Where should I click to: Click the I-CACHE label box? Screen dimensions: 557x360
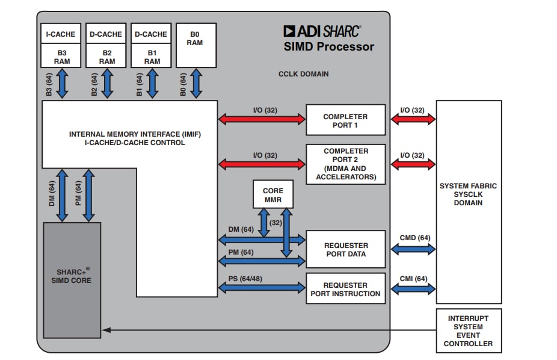coord(61,34)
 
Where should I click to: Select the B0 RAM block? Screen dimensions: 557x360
coord(195,45)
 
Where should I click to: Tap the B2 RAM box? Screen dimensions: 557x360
coord(107,57)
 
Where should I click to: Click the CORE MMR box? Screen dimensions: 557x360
coord(272,194)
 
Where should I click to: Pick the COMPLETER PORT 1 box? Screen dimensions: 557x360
coord(345,120)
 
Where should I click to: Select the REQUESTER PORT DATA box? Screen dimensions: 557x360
coord(345,249)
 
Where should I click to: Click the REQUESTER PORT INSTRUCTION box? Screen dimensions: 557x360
coord(345,290)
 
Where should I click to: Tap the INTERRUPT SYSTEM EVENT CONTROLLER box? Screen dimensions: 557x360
coord(468,331)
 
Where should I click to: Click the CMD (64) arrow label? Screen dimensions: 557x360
coord(414,238)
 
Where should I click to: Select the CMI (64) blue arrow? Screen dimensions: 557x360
coord(413,290)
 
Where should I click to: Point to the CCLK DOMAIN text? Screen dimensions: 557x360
coord(303,75)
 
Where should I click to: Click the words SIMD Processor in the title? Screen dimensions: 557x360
coord(328,47)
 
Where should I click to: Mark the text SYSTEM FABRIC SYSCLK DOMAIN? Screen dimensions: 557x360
coord(468,194)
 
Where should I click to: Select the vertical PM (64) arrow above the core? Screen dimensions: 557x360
coord(88,195)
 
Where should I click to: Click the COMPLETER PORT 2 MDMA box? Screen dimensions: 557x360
coord(345,164)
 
